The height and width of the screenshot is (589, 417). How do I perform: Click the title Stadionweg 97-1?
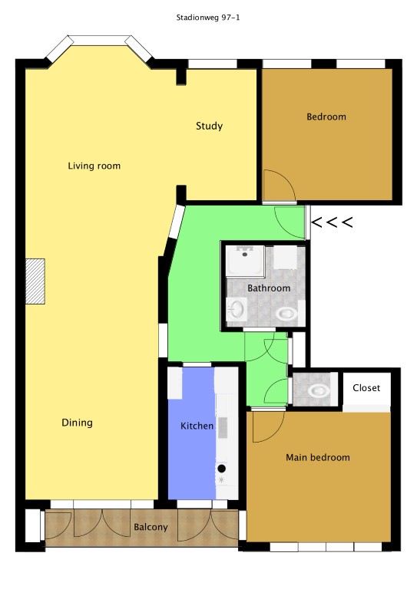pos(208,18)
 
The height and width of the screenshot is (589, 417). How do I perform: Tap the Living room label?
pos(94,166)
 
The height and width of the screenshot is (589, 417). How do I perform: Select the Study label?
pos(209,126)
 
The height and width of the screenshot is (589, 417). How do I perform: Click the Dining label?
pos(77,423)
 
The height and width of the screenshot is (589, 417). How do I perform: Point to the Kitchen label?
pos(197,426)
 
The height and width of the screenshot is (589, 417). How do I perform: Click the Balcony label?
pos(151,527)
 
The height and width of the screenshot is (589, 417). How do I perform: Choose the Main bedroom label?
pos(318,457)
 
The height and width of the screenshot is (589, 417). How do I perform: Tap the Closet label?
pos(366,387)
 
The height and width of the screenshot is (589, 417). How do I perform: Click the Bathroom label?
pos(269,288)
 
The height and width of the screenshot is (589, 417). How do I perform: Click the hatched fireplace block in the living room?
pos(35,281)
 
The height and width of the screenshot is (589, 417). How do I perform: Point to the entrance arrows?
pos(332,222)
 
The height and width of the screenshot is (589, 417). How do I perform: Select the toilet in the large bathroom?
pos(286,313)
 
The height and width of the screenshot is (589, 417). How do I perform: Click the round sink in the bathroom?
pos(237,310)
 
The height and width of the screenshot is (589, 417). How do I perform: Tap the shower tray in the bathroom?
pos(245,261)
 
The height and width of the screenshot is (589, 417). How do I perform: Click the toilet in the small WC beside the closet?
pos(319,390)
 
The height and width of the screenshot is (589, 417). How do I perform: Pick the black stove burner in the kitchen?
pos(221,468)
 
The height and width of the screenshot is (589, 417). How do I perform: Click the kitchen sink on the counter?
pos(222,427)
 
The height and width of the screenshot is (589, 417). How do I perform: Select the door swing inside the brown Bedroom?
pos(279,185)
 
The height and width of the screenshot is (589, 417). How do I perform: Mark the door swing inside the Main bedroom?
pos(268,427)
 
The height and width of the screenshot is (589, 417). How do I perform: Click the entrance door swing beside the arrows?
pos(290,222)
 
